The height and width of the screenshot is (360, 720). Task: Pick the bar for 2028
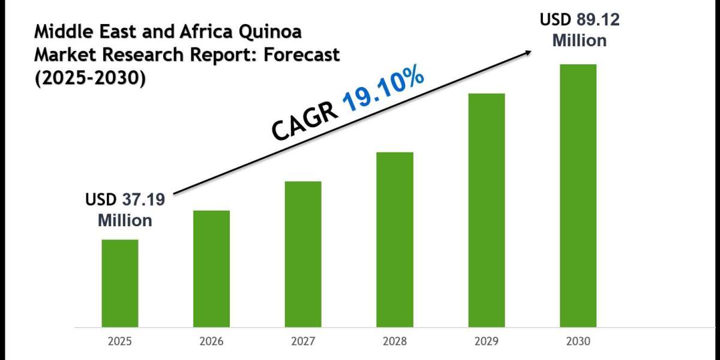coord(395,239)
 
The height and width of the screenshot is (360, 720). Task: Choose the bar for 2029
coord(487,210)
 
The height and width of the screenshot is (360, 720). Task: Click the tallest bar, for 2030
coord(578,196)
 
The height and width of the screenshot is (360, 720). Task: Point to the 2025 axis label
coord(119,341)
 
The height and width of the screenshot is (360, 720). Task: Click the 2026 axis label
coord(211,341)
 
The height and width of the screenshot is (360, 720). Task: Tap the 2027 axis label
coord(303,341)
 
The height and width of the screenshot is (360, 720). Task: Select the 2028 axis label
coord(395,341)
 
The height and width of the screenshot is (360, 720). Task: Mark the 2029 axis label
coord(487,341)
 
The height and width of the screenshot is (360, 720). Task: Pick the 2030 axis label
coord(578,341)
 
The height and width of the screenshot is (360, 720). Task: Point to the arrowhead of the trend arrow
coord(528,52)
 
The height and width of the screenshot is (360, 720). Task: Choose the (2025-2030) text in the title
coord(89,77)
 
